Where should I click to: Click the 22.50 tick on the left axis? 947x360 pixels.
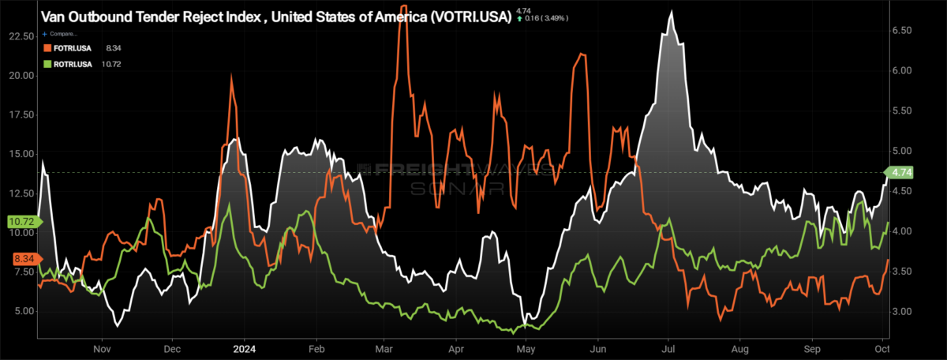click(19, 36)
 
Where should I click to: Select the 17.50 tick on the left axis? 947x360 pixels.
click(19, 114)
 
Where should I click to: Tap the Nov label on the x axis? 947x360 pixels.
click(100, 347)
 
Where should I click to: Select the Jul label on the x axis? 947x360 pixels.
click(668, 347)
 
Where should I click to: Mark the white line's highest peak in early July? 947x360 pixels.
click(671, 12)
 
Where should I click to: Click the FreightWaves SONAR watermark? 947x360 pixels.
click(455, 178)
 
